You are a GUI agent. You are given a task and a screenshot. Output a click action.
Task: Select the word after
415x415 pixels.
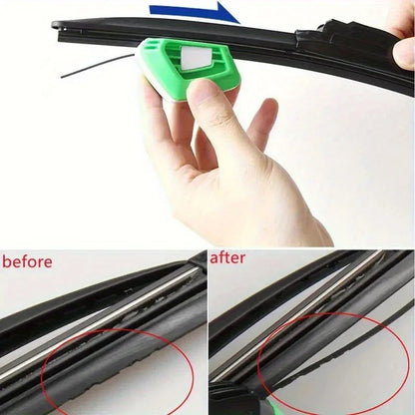[226, 258]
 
